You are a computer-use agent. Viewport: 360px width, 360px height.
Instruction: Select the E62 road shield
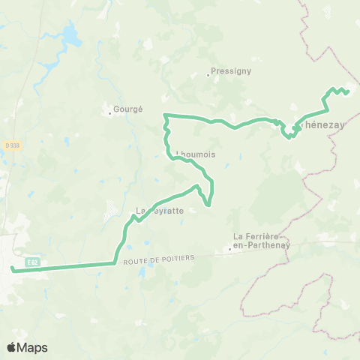click(31, 262)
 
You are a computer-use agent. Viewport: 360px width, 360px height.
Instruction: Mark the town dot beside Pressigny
click(208, 75)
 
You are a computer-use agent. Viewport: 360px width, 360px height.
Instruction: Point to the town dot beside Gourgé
click(110, 113)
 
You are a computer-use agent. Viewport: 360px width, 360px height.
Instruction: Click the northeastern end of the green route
click(349, 91)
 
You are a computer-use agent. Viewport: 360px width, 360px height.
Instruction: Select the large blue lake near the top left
click(71, 34)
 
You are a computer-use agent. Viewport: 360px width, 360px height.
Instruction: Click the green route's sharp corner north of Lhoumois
click(165, 114)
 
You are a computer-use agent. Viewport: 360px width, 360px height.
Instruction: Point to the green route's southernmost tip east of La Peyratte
click(208, 204)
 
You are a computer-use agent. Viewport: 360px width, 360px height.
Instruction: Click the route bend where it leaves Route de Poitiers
click(115, 262)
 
